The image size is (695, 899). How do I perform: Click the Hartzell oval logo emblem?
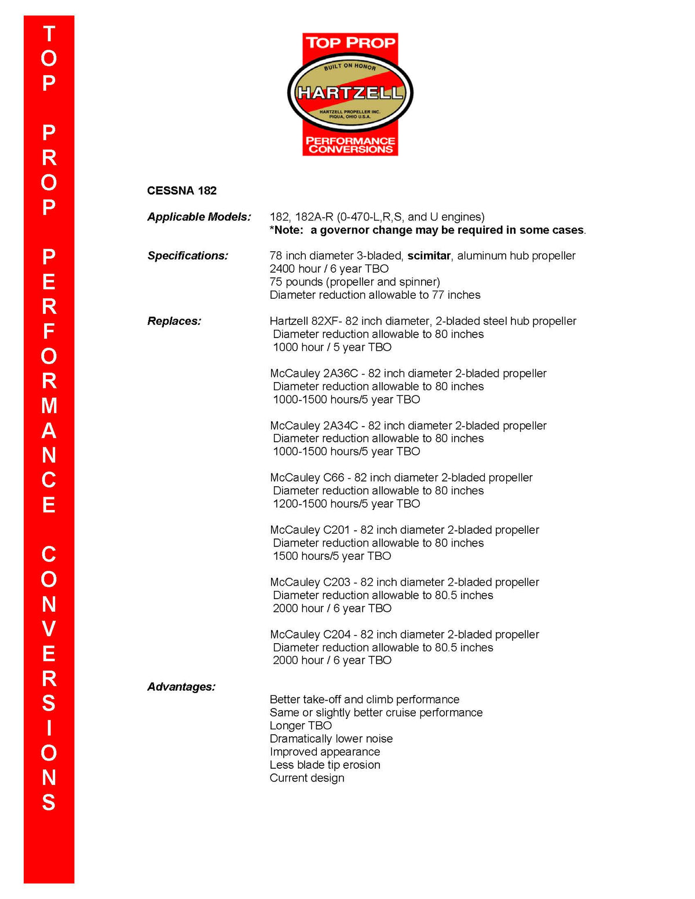(x=350, y=93)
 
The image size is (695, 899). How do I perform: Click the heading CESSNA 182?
(x=182, y=190)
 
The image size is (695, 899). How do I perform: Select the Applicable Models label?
(x=199, y=217)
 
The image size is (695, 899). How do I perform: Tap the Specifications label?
(x=188, y=255)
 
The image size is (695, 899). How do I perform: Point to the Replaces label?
(x=174, y=321)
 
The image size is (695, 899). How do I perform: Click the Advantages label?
(x=181, y=687)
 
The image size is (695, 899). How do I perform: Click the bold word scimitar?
(x=429, y=255)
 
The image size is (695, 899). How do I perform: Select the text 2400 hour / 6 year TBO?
(x=329, y=269)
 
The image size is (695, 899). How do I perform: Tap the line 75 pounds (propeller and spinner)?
(x=354, y=281)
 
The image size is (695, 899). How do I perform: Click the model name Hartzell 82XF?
(x=305, y=321)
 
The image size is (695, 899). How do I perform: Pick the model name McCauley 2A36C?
(x=314, y=373)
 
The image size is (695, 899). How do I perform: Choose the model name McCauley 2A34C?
(x=314, y=425)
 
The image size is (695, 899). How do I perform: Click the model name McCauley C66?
(x=307, y=478)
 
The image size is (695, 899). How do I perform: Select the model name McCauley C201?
(x=310, y=530)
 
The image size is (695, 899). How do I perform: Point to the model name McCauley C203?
(x=310, y=582)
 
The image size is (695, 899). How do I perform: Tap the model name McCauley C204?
(x=310, y=634)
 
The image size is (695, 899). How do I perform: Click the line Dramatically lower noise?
(x=331, y=739)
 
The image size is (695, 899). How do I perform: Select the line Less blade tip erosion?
(x=325, y=765)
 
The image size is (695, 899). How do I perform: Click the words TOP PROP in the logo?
(x=350, y=42)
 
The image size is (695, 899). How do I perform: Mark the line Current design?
(x=307, y=778)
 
